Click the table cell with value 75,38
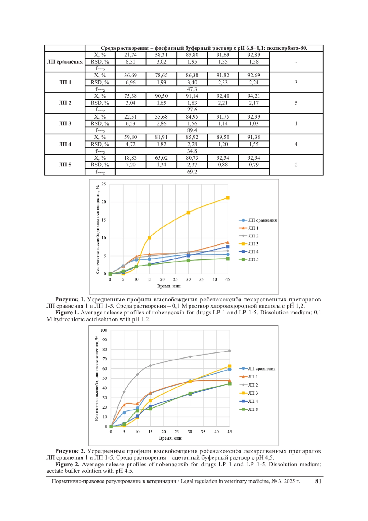point(130,96)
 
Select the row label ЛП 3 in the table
point(65,123)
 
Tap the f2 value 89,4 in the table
point(192,130)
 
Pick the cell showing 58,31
point(161,55)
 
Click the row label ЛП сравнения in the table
point(65,62)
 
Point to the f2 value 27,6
point(192,110)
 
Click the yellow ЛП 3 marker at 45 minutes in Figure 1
point(228,198)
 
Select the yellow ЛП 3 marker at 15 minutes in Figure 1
point(149,238)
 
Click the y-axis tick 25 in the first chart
point(104,184)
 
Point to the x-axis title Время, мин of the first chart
point(169,286)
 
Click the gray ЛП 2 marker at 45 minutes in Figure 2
point(230,351)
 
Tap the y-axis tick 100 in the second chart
point(104,330)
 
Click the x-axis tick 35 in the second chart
point(203,432)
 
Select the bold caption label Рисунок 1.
point(70,299)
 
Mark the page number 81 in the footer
point(318,481)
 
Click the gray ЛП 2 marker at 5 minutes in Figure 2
point(124,392)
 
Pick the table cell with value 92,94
point(254,158)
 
